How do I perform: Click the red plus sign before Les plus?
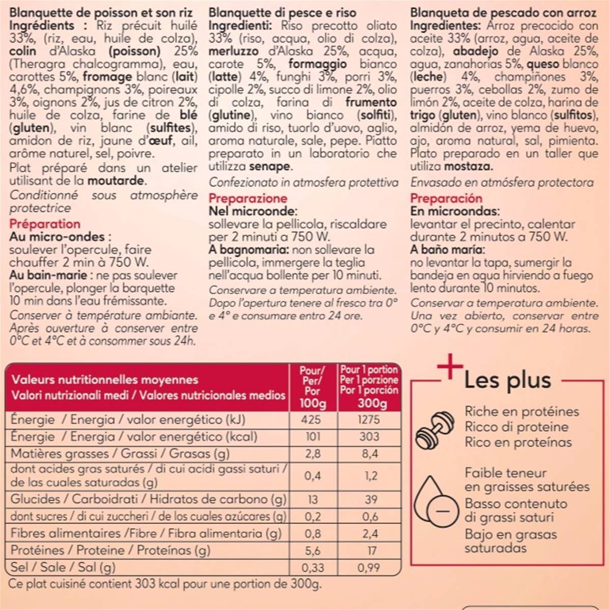click(x=450, y=366)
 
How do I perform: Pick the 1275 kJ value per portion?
click(x=369, y=420)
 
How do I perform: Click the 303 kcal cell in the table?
click(x=369, y=436)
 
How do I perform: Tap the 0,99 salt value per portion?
click(x=369, y=567)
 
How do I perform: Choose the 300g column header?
click(x=370, y=404)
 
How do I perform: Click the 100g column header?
click(x=312, y=404)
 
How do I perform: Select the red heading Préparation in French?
click(x=45, y=224)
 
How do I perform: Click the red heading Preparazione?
click(x=248, y=199)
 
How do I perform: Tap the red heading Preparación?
click(x=446, y=199)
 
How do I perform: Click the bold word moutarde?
click(x=116, y=181)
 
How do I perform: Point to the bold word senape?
click(x=270, y=167)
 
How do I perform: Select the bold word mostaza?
click(x=467, y=167)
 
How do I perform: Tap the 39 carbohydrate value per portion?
click(x=371, y=500)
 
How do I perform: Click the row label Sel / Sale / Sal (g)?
click(x=63, y=567)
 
